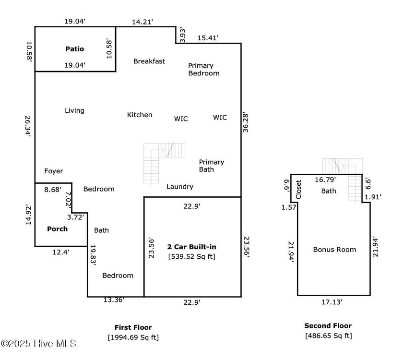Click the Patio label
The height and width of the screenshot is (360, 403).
click(74, 49)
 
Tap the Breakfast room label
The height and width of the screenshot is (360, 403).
click(149, 61)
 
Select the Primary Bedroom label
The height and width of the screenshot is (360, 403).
click(203, 70)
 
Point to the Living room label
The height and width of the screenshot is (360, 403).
click(74, 110)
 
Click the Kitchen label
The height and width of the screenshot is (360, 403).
click(140, 115)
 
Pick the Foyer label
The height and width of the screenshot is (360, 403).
click(53, 171)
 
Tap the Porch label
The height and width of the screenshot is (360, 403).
click(57, 229)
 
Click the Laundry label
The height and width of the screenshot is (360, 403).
click(180, 187)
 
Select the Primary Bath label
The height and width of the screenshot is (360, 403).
click(212, 166)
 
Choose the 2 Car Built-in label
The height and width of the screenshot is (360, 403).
click(191, 247)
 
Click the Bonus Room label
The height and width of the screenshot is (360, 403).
click(334, 250)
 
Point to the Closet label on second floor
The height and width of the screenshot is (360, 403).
click(298, 190)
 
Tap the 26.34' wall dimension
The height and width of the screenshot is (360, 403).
click(29, 126)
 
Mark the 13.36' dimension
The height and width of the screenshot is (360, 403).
click(114, 300)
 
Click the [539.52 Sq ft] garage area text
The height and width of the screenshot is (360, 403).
click(191, 257)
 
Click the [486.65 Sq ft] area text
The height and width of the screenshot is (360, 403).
click(328, 336)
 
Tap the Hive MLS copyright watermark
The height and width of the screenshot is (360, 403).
click(38, 344)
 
